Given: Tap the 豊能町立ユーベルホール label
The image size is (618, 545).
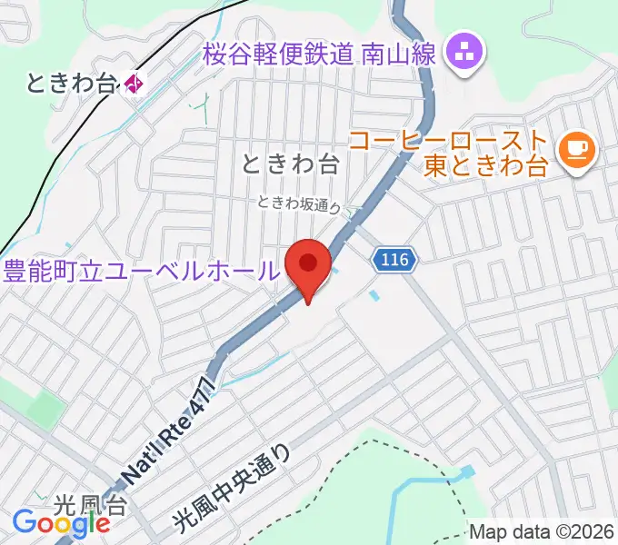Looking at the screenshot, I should [x=141, y=270].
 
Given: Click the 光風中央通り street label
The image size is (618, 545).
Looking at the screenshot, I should [x=232, y=487].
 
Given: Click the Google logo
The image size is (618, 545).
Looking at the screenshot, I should [x=61, y=523].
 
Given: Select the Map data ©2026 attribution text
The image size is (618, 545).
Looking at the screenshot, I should [x=542, y=532].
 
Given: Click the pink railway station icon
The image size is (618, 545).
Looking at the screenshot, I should [x=135, y=84].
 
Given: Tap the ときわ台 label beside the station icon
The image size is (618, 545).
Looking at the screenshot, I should [x=73, y=84].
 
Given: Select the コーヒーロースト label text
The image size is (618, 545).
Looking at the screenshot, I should [x=449, y=142].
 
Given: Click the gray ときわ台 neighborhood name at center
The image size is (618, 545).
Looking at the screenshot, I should [x=291, y=164].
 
